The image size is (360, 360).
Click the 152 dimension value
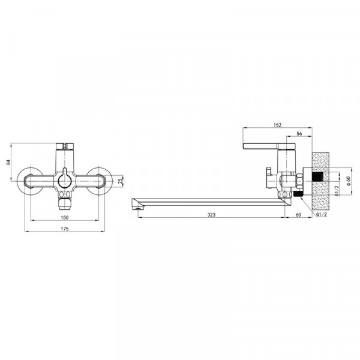(277, 125)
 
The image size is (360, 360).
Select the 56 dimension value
(299, 134)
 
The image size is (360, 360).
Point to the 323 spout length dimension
(211, 215)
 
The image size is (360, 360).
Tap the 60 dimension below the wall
(298, 215)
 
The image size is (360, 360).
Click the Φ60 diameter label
(349, 181)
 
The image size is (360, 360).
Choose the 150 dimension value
(65, 217)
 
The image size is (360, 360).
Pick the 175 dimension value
(65, 229)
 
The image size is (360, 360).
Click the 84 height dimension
(8, 162)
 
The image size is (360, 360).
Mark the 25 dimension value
(121, 181)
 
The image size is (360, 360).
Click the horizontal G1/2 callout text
(322, 215)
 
